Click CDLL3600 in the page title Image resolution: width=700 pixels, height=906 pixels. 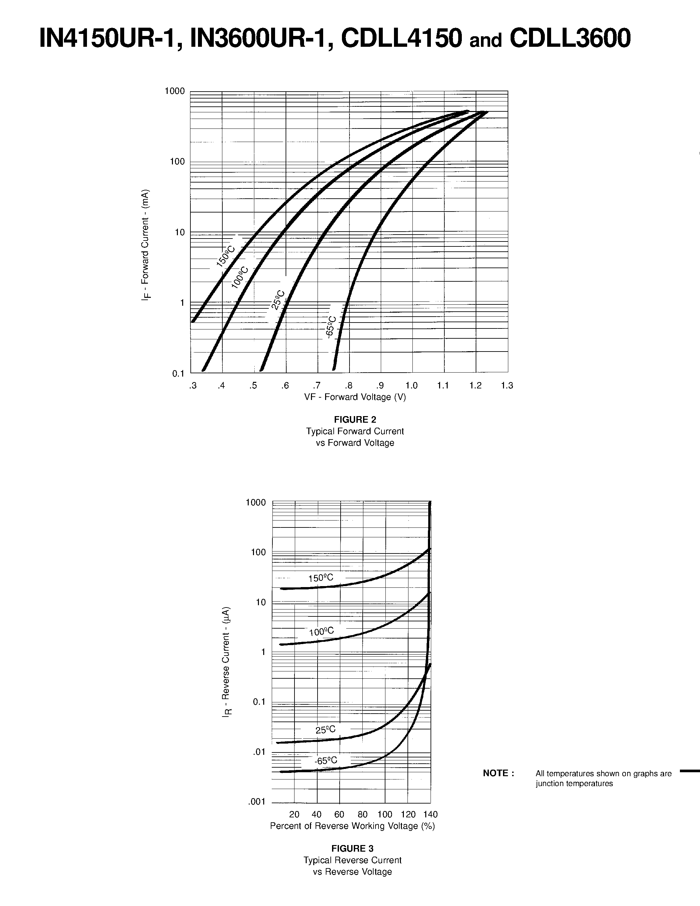click(570, 38)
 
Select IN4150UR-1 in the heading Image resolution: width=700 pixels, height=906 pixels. click(110, 38)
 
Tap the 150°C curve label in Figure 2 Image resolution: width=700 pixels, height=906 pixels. click(226, 256)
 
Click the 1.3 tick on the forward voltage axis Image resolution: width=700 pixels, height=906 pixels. click(507, 386)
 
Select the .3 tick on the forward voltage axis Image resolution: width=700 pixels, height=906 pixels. click(192, 386)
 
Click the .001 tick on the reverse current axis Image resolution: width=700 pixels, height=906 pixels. click(257, 802)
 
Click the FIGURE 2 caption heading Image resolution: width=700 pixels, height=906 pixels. click(355, 419)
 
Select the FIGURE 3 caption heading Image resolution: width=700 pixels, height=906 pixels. click(352, 848)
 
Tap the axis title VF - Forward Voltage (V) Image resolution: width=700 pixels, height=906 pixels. click(355, 397)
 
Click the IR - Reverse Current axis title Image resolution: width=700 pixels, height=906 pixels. click(226, 662)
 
